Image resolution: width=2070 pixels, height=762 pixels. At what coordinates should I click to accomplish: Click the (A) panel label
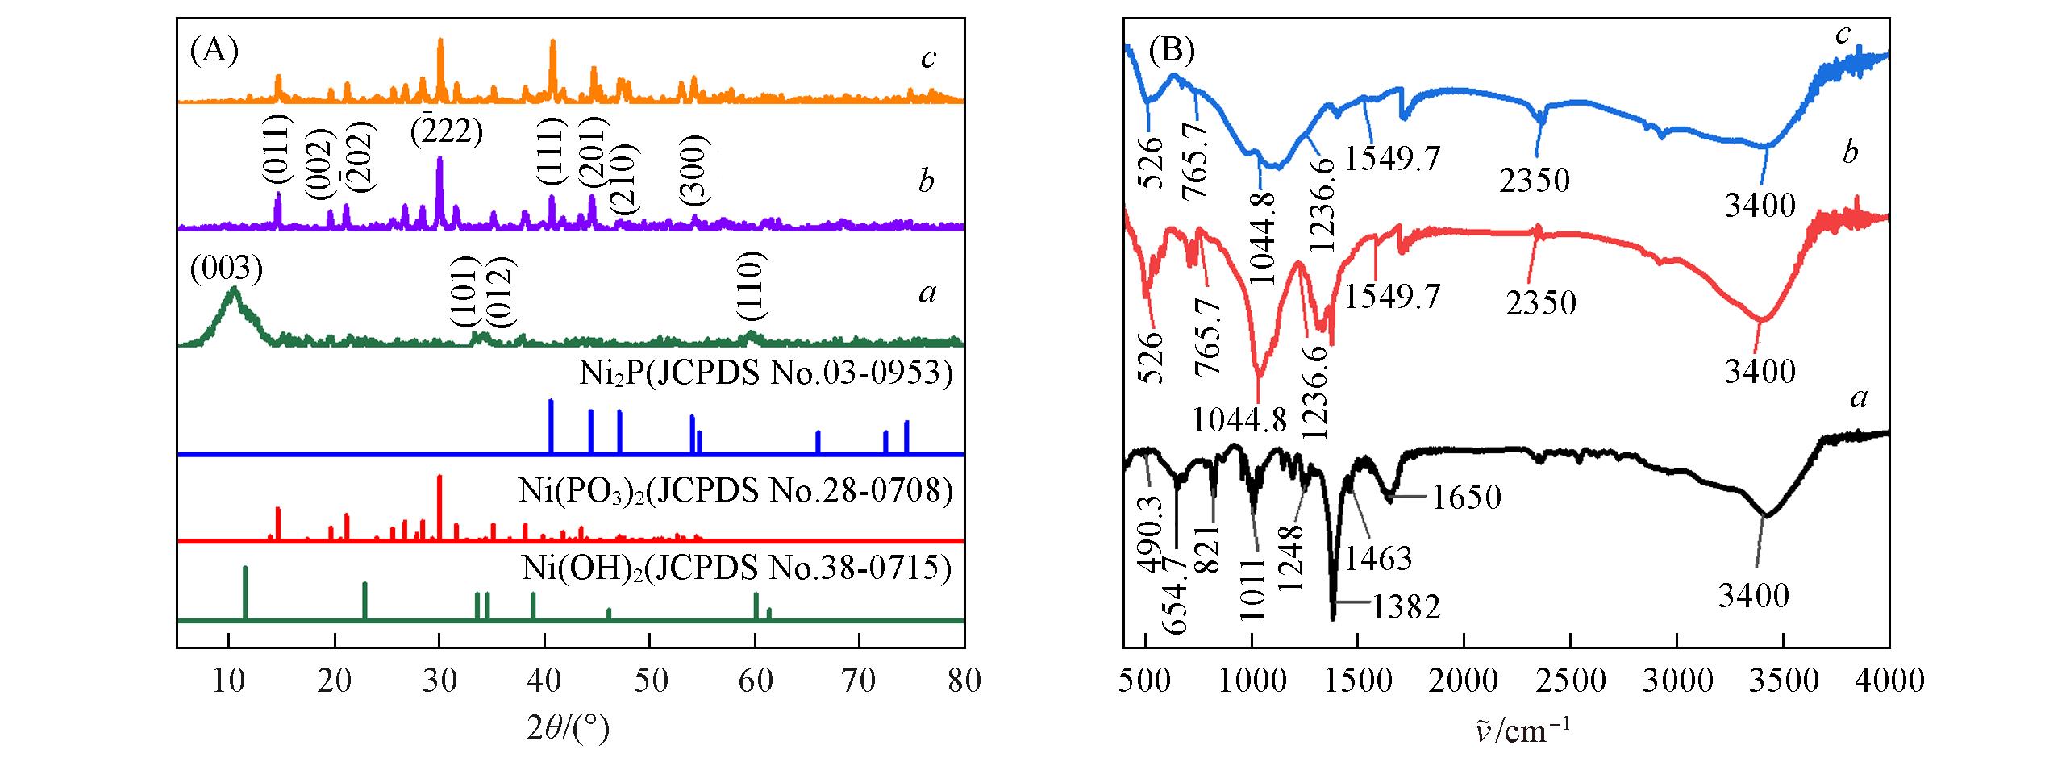pyautogui.click(x=214, y=52)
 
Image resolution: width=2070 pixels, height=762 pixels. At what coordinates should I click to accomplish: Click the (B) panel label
pyautogui.click(x=1171, y=52)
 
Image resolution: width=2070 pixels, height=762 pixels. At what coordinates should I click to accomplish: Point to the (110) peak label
pyautogui.click(x=751, y=286)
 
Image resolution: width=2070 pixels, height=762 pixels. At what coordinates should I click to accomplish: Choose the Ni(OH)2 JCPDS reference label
pyautogui.click(x=736, y=568)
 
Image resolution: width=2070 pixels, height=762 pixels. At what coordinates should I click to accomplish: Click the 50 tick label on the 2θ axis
pyautogui.click(x=650, y=681)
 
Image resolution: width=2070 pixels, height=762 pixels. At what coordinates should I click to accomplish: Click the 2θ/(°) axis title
pyautogui.click(x=569, y=728)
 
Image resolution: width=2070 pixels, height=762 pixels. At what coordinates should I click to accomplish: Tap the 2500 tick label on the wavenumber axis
pyautogui.click(x=1570, y=681)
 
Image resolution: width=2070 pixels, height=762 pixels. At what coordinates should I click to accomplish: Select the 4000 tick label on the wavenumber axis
pyautogui.click(x=1889, y=681)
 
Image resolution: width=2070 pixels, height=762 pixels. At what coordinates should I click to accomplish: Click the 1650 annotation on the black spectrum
pyautogui.click(x=1466, y=497)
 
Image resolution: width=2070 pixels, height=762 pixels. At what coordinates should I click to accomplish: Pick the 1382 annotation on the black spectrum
pyautogui.click(x=1405, y=606)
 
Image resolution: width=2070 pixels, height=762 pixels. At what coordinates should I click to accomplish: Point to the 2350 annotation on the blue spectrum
pyautogui.click(x=1535, y=180)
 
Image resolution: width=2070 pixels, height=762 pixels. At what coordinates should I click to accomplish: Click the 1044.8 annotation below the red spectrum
pyautogui.click(x=1239, y=419)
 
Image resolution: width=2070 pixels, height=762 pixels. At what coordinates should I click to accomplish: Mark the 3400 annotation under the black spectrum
pyautogui.click(x=1753, y=596)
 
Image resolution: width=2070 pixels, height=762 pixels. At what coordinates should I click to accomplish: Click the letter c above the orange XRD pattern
pyautogui.click(x=928, y=59)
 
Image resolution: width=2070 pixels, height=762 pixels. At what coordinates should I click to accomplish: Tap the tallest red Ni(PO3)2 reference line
pyautogui.click(x=439, y=506)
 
